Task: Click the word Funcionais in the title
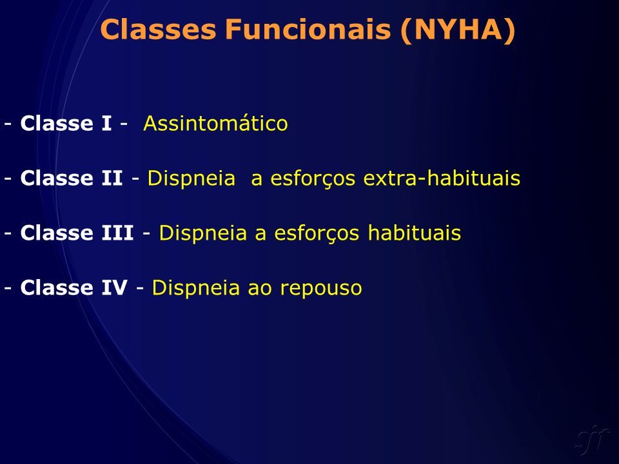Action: point(308,29)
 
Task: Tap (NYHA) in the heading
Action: point(458,30)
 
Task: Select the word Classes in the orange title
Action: point(159,29)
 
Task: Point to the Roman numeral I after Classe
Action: point(106,123)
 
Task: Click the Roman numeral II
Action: point(112,178)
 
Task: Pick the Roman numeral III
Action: point(117,233)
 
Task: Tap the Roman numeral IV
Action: point(115,287)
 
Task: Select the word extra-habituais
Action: point(442,178)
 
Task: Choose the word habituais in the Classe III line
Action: point(415,233)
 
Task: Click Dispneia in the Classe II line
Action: point(192,179)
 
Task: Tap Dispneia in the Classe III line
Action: point(203,233)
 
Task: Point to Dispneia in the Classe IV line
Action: point(196,288)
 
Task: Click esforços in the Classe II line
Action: point(313,179)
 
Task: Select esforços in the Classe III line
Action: point(317,233)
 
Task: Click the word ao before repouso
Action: point(260,289)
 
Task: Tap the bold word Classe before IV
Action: point(57,287)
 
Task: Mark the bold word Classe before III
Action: point(57,233)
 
